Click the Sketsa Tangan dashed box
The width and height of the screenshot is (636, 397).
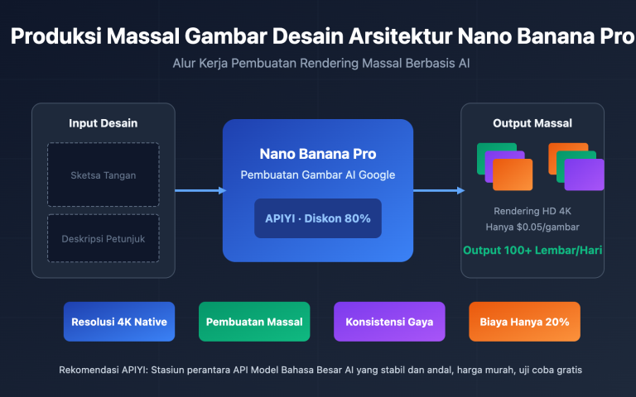pos(103,175)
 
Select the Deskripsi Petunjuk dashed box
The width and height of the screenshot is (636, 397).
pos(103,238)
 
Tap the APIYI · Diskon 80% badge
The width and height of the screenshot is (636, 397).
pos(317,218)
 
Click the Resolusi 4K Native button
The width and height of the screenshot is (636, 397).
pos(119,322)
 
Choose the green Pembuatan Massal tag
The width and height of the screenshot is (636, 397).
pos(254,322)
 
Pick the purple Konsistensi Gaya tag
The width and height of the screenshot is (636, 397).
pos(389,322)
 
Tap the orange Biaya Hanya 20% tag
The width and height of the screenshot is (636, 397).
pos(524,322)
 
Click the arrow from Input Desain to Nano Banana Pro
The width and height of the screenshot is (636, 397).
pos(200,190)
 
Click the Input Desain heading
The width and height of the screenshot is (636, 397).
pos(103,123)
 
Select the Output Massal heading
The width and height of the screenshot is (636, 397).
pos(532,123)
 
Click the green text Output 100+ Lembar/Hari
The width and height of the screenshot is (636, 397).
pos(532,250)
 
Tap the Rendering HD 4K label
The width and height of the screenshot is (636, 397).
pos(532,211)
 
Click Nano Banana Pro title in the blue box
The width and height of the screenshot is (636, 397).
pos(317,154)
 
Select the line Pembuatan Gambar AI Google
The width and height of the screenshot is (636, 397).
pos(317,175)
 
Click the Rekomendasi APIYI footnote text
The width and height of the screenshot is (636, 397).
pos(320,370)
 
